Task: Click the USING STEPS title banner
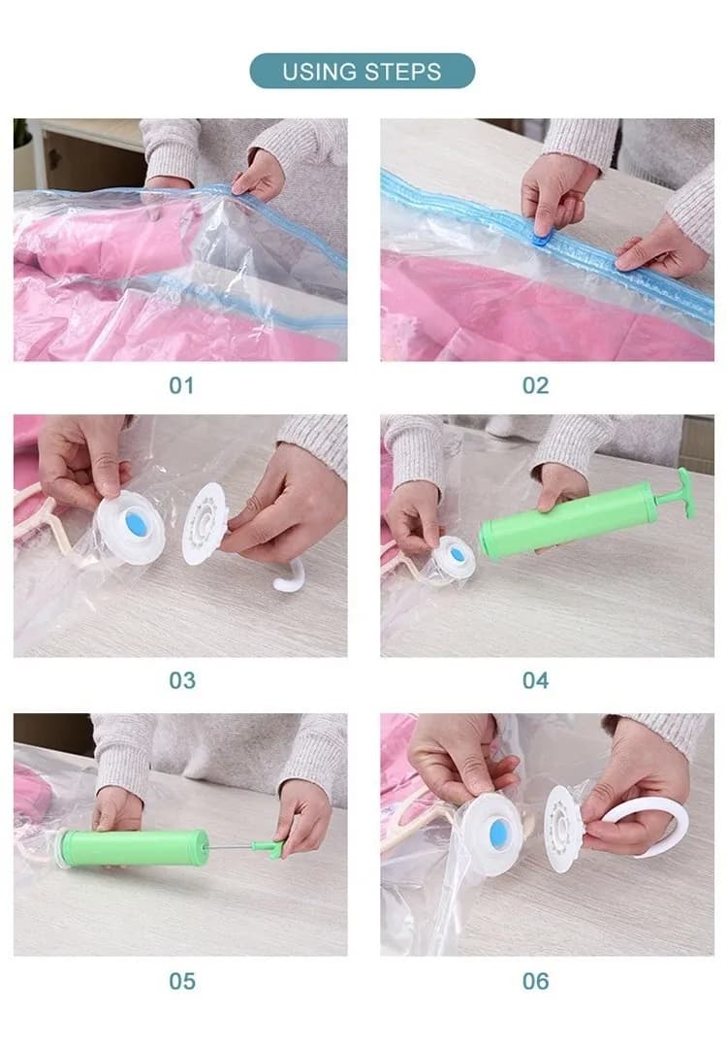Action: pyautogui.click(x=363, y=71)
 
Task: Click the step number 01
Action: pyautogui.click(x=181, y=385)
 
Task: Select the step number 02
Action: pyautogui.click(x=535, y=385)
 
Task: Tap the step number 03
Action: pyautogui.click(x=181, y=680)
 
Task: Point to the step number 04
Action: pyautogui.click(x=535, y=680)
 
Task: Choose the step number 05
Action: pyautogui.click(x=181, y=981)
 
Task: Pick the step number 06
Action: pyautogui.click(x=535, y=981)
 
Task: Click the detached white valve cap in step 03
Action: pyautogui.click(x=205, y=524)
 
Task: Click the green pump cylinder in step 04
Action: pyautogui.click(x=567, y=522)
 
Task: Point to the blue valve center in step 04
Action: pyautogui.click(x=457, y=554)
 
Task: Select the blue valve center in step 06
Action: pyautogui.click(x=499, y=834)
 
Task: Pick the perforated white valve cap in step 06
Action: pyautogui.click(x=563, y=828)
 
